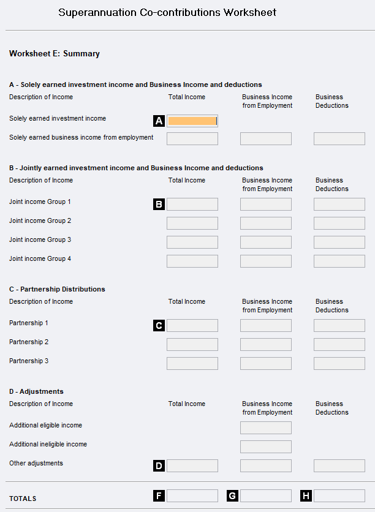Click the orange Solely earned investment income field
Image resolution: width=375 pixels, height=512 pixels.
coord(192,121)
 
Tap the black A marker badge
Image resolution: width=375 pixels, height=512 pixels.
coord(159,121)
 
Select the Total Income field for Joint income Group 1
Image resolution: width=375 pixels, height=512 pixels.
coord(192,204)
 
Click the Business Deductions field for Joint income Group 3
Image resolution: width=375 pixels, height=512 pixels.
coord(339,242)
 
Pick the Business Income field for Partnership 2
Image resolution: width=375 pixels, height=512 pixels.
coord(265,344)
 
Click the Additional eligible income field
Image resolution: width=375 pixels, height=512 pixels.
coord(265,427)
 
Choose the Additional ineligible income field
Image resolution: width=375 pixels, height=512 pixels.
coord(265,446)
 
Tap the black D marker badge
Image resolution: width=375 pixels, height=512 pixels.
coord(159,465)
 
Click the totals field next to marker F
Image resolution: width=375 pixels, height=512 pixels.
coord(192,495)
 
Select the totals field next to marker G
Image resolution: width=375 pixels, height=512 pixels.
coord(265,495)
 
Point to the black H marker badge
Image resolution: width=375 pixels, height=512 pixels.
coord(306,495)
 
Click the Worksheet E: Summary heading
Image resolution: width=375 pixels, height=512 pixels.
coord(55,54)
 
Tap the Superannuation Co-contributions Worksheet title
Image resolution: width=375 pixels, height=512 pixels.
coord(167,12)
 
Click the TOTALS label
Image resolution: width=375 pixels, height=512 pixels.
coord(23,499)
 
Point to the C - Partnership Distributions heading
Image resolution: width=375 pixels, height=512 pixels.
coord(57,289)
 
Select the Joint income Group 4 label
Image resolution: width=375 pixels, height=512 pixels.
coord(40,258)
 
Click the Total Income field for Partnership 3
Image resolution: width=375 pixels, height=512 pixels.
coord(192,363)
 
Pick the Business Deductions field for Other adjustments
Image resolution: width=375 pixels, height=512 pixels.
coord(339,465)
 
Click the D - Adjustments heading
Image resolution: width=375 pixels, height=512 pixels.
coord(36,391)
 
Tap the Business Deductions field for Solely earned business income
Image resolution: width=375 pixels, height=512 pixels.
coord(339,138)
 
